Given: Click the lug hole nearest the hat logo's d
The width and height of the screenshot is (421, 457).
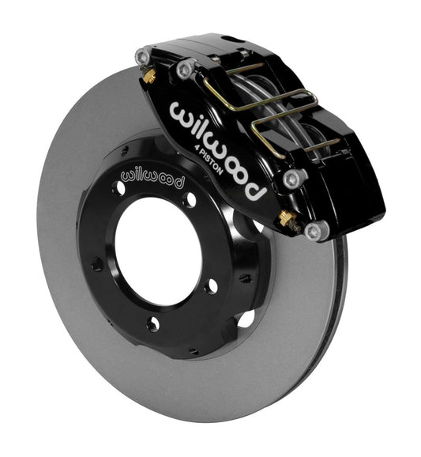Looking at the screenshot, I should (190, 199).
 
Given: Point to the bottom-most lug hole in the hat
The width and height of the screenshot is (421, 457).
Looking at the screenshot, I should (152, 323).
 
